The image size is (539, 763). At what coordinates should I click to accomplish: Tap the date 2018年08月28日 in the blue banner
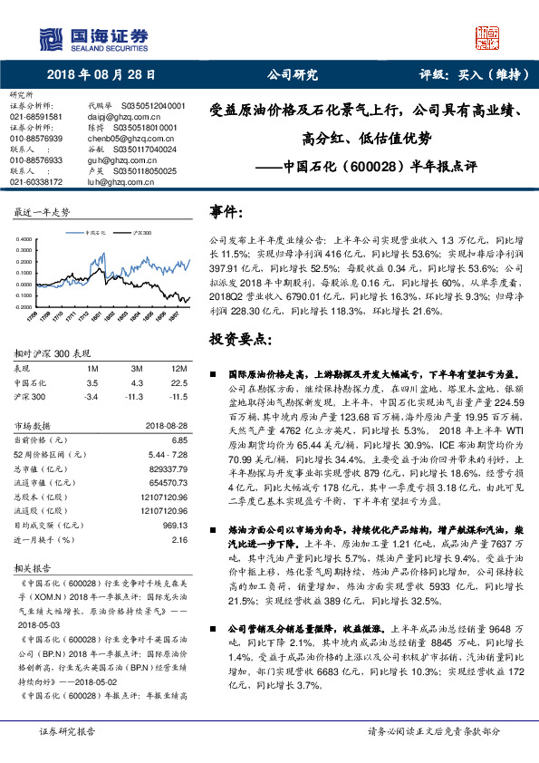[x=101, y=75]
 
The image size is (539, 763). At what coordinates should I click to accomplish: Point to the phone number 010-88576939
[x=36, y=138]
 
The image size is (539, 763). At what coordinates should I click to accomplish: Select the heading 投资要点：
[x=236, y=338]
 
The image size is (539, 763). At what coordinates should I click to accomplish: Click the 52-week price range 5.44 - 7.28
[x=166, y=452]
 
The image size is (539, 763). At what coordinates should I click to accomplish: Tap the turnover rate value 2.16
[x=178, y=538]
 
